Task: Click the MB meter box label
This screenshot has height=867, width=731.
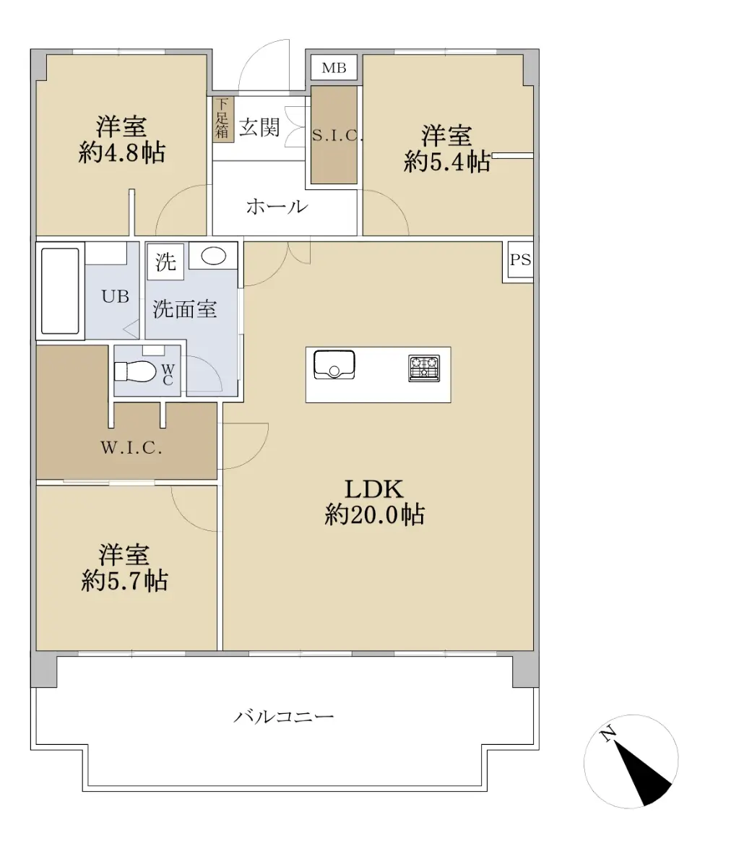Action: tap(334, 69)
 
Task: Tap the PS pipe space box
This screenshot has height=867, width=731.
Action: tap(520, 261)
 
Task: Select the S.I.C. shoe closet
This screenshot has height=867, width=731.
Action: tap(334, 135)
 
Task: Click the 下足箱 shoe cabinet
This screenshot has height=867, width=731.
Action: tap(222, 120)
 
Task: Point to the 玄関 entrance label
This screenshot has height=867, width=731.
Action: tap(259, 128)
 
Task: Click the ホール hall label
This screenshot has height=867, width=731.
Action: tap(277, 207)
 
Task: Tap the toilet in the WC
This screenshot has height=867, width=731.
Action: tap(135, 371)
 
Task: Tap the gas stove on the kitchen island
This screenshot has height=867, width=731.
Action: tap(424, 368)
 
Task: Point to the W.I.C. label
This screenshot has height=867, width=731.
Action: tap(131, 448)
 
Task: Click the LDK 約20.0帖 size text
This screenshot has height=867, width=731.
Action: tap(374, 514)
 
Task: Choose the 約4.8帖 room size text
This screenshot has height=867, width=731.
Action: tap(121, 152)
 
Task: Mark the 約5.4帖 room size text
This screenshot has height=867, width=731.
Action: tap(447, 161)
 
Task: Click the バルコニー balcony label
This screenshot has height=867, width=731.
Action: tap(284, 717)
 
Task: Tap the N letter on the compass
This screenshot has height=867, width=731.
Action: tap(608, 735)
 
